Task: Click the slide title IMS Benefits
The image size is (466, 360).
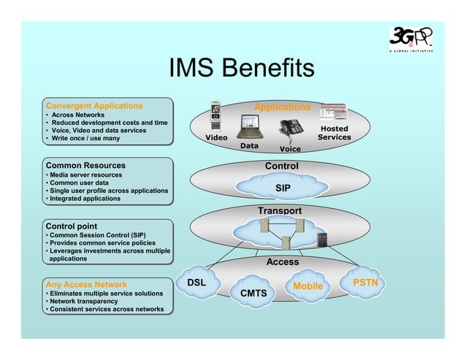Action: pos(241,69)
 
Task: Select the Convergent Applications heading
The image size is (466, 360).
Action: pos(94,106)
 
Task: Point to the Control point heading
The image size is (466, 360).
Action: pos(72,226)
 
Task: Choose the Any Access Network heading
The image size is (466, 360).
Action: pos(86,284)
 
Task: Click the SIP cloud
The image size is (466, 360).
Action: pos(283,188)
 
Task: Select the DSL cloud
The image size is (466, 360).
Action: pos(197,283)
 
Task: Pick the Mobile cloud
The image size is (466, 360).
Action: pos(308,286)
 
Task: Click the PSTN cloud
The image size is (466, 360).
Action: pos(364,282)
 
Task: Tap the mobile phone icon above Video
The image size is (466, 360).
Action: pos(215,115)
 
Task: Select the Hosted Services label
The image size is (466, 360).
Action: pos(335,133)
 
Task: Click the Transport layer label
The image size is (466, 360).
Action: pos(279,211)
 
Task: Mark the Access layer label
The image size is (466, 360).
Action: pos(282,261)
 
